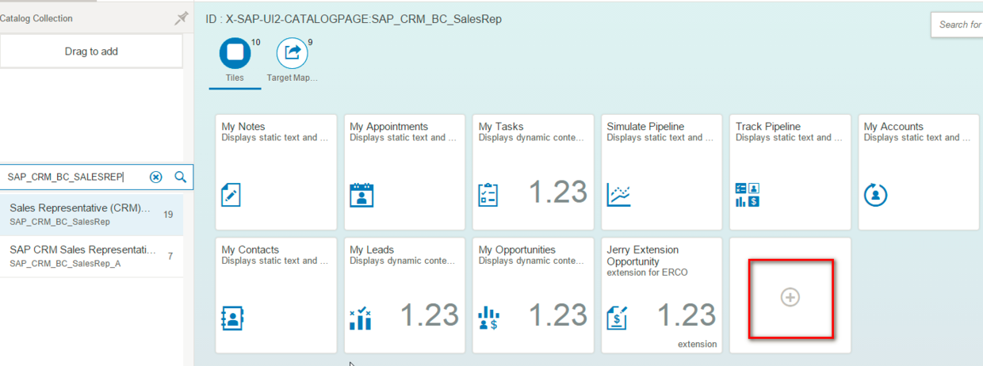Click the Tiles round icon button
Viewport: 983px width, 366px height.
(235, 53)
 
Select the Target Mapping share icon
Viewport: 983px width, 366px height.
(292, 53)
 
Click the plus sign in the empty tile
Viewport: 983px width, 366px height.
(790, 297)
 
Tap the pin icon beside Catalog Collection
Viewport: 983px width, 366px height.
(181, 19)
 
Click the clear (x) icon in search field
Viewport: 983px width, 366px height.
(156, 177)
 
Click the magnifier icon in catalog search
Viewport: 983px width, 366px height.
(180, 177)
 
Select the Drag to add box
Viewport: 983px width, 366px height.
(91, 51)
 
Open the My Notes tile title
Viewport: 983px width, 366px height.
(243, 127)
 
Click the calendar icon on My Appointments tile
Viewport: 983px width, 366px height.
(361, 195)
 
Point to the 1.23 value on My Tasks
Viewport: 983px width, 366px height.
(558, 193)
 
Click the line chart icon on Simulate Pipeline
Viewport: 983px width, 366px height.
(618, 195)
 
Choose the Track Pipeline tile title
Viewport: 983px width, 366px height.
(767, 127)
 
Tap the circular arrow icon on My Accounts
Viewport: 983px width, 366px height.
(875, 195)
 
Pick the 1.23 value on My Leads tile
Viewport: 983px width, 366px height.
(430, 315)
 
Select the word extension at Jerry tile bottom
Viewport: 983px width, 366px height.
(697, 344)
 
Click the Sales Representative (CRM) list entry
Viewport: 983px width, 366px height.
(79, 208)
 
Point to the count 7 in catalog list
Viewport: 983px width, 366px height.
(170, 256)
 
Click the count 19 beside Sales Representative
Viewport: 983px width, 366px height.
(168, 215)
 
